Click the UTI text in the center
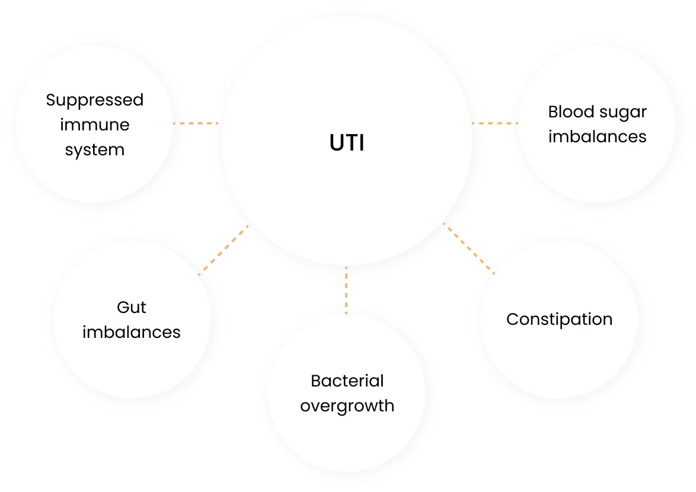(x=347, y=144)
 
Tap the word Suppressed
(x=95, y=101)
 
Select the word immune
(x=95, y=125)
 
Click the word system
(x=95, y=150)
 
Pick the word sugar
(x=622, y=113)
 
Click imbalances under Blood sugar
(x=597, y=136)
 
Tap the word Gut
(x=132, y=308)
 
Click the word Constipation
(x=559, y=320)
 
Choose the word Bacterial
(x=347, y=381)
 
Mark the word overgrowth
(x=347, y=407)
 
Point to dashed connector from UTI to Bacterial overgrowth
(x=346, y=290)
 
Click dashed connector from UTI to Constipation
(x=468, y=247)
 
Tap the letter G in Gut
(x=123, y=308)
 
